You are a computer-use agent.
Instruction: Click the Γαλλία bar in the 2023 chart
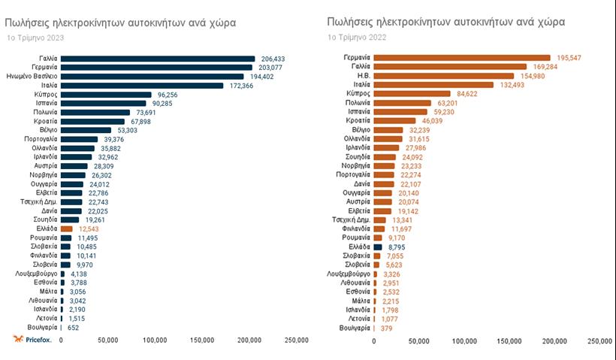pos(158,59)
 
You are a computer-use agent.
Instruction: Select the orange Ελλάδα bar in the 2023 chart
pos(67,228)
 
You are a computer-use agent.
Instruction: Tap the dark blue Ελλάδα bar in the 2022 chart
pos(378,247)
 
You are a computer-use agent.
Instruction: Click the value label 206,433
pos(272,59)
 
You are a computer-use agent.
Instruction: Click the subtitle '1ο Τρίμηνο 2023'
pos(35,37)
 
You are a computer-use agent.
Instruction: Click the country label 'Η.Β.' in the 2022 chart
pos(361,76)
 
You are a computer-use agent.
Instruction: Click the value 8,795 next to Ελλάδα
pos(397,247)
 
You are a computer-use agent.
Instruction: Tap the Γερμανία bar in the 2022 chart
pos(462,58)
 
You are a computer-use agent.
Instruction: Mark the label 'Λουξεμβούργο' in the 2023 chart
pos(34,274)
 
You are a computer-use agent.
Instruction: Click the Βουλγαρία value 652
pos(74,328)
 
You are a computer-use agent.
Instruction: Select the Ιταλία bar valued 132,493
pos(433,85)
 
